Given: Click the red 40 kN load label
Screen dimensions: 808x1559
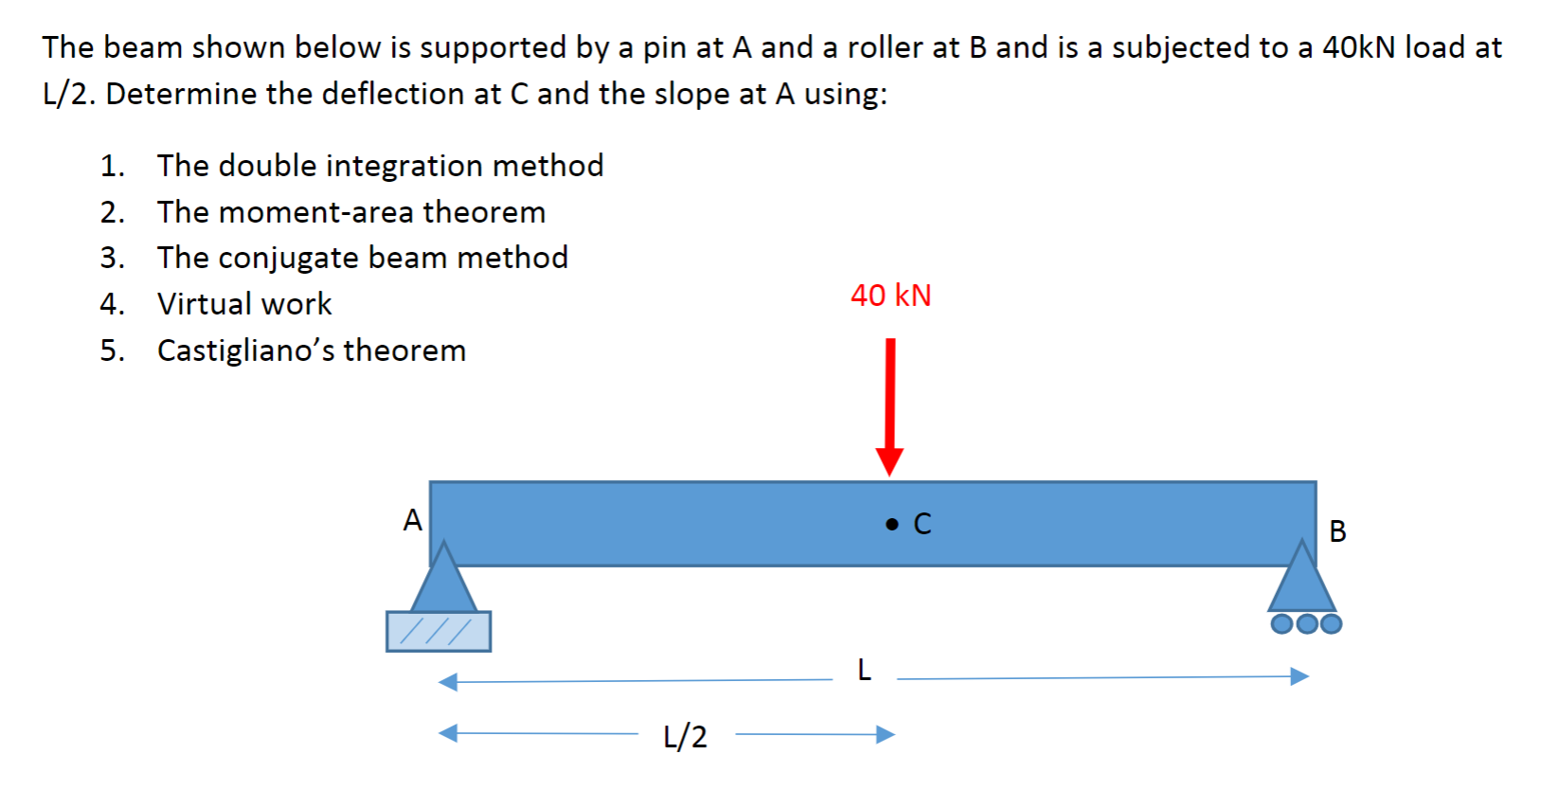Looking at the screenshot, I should (890, 296).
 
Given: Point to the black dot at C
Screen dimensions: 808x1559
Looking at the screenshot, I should (891, 524).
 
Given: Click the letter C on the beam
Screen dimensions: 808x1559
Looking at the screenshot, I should (923, 524).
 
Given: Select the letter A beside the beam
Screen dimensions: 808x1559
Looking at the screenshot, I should (412, 520).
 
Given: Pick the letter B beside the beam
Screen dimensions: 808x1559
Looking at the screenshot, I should (1337, 531).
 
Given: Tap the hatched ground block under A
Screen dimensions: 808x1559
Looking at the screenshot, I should (439, 631).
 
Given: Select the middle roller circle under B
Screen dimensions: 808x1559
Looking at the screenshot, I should (1307, 623).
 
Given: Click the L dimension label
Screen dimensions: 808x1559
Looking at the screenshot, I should (864, 671).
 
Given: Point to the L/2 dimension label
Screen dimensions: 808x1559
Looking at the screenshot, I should (685, 736).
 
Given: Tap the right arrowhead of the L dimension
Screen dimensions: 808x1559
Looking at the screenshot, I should (1299, 676).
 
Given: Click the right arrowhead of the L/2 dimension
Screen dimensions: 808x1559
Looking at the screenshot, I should (886, 734).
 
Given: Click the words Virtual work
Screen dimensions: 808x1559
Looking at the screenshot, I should (244, 304).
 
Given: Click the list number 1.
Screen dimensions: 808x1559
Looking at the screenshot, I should (111, 166).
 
